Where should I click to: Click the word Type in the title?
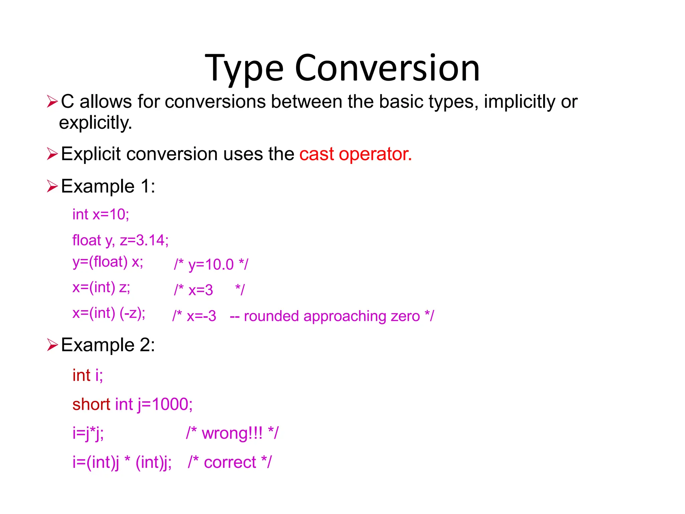[x=244, y=70]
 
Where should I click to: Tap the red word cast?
[x=316, y=154]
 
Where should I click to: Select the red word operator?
[x=375, y=155]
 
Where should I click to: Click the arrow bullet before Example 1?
[x=53, y=186]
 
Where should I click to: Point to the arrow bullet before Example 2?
[x=53, y=345]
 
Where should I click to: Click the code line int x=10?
[x=101, y=214]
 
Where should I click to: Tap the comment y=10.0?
[x=211, y=264]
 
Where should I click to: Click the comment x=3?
[x=200, y=290]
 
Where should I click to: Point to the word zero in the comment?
[x=405, y=316]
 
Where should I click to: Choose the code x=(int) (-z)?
[x=109, y=313]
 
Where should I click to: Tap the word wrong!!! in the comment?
[x=232, y=433]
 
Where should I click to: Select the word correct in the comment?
[x=230, y=462]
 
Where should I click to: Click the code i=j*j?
[x=88, y=433]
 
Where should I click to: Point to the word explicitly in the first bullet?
[x=95, y=123]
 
